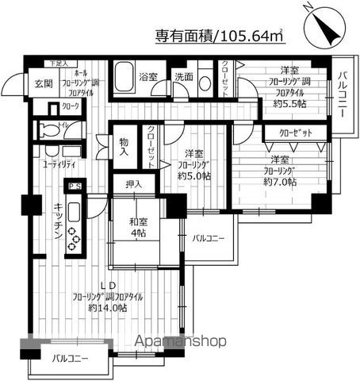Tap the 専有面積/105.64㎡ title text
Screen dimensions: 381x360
219,36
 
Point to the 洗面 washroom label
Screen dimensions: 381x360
185,78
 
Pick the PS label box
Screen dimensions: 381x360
76,187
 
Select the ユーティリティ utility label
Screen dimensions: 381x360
59,165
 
